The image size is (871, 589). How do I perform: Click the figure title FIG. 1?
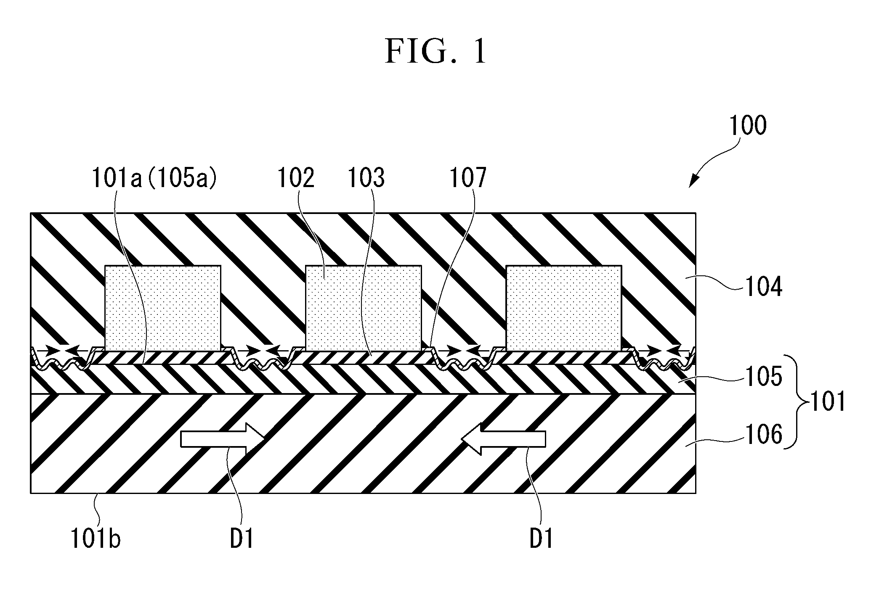click(x=435, y=52)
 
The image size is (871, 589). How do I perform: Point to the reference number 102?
click(x=296, y=178)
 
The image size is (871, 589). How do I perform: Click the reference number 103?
click(x=366, y=178)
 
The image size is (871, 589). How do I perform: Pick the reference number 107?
click(x=468, y=178)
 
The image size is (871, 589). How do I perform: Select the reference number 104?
click(x=763, y=288)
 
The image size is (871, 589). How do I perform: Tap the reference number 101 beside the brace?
click(x=827, y=401)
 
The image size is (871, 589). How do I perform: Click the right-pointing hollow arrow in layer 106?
click(x=223, y=439)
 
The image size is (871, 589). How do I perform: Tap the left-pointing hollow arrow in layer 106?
click(x=503, y=439)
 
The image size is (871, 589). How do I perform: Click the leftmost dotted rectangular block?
click(x=162, y=308)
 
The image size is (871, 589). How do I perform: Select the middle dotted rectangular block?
click(x=363, y=308)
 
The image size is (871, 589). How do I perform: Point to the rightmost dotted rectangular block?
click(x=563, y=308)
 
